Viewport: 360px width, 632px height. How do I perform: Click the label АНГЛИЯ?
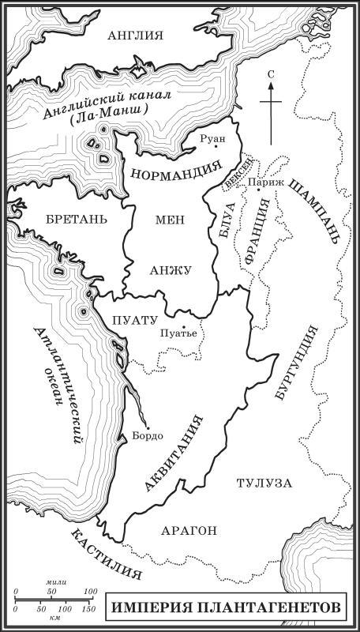coord(135,36)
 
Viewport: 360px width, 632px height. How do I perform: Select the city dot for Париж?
coord(259,190)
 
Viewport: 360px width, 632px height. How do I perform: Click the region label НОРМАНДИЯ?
coord(175,171)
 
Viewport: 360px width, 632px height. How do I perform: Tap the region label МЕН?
coord(169,220)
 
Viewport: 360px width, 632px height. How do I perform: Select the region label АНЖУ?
coord(169,270)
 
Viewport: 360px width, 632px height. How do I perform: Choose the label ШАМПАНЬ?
coord(315,211)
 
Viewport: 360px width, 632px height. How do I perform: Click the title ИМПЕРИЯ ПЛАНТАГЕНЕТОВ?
coord(226,608)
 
